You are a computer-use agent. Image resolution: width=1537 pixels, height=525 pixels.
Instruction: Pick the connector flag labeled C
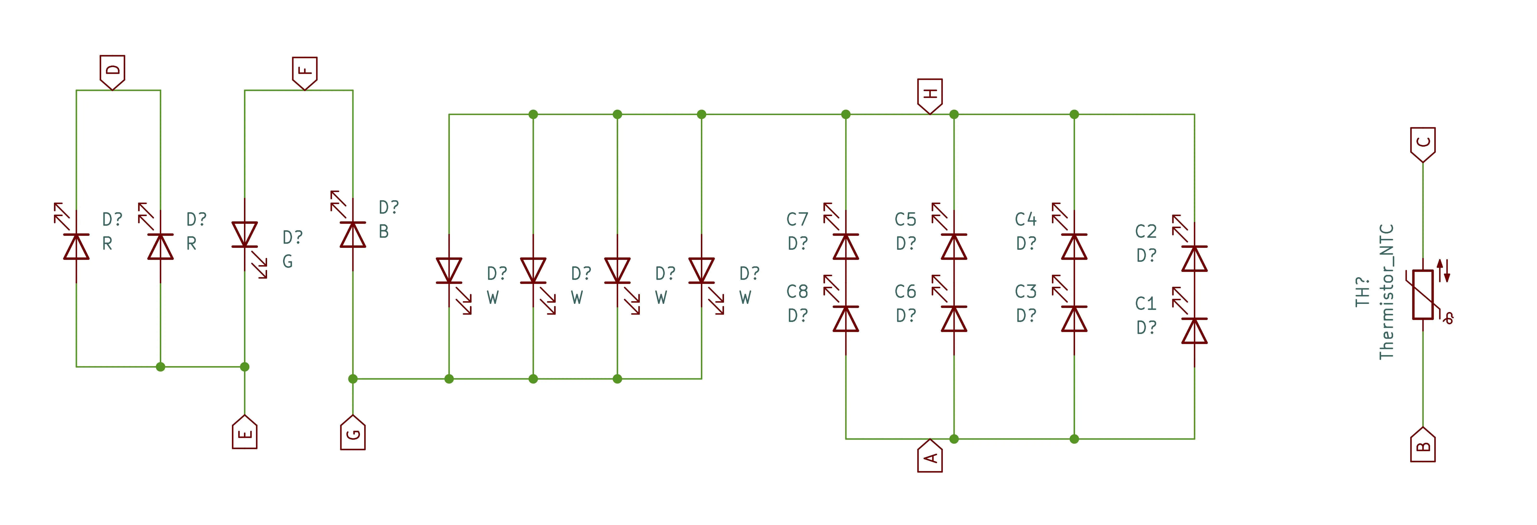(1422, 143)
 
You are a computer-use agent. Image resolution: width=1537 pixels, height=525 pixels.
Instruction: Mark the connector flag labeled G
(353, 433)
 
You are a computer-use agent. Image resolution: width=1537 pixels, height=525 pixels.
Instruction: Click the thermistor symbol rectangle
(1422, 295)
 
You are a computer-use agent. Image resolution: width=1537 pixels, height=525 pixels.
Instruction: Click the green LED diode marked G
(245, 234)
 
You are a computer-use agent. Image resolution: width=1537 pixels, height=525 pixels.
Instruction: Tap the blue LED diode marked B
(353, 234)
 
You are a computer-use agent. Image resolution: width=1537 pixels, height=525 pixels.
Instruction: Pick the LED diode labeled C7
(845, 246)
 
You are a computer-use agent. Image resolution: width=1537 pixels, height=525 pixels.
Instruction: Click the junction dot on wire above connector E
(245, 367)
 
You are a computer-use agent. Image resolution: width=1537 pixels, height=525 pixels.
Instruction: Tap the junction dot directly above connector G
(353, 379)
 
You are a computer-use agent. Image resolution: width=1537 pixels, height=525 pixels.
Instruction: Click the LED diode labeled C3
(1074, 319)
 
